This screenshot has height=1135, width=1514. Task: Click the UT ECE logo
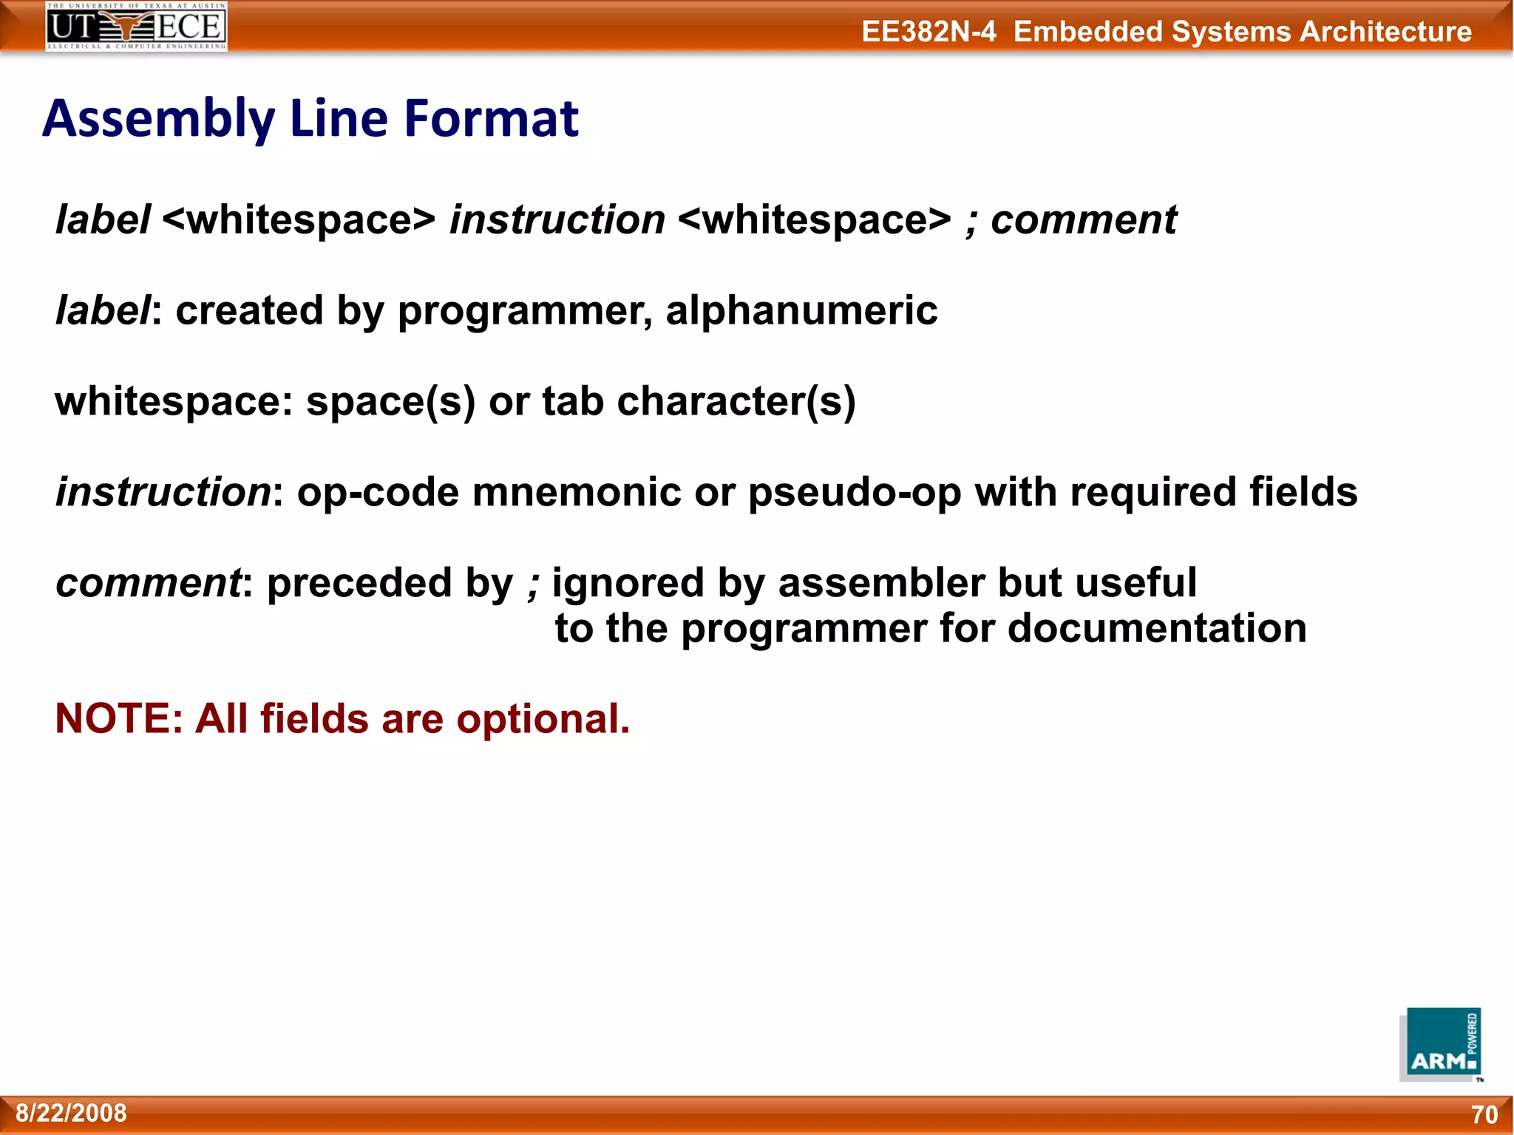coord(136,27)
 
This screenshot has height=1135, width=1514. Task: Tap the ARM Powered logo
coord(1440,1044)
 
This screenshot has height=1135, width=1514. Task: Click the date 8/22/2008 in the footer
coord(71,1113)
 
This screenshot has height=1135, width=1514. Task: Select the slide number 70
coord(1484,1114)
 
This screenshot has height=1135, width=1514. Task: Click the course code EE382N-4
coord(929,32)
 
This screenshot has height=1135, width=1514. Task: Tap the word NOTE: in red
coord(119,718)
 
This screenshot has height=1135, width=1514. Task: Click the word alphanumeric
coord(801,310)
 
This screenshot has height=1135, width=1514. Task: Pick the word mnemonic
coord(577,492)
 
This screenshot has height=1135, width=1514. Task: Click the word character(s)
coord(736,402)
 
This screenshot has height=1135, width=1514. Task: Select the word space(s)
coord(390,403)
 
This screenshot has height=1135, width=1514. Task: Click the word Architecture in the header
coord(1385,32)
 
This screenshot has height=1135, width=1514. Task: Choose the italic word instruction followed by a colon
coord(163,492)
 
